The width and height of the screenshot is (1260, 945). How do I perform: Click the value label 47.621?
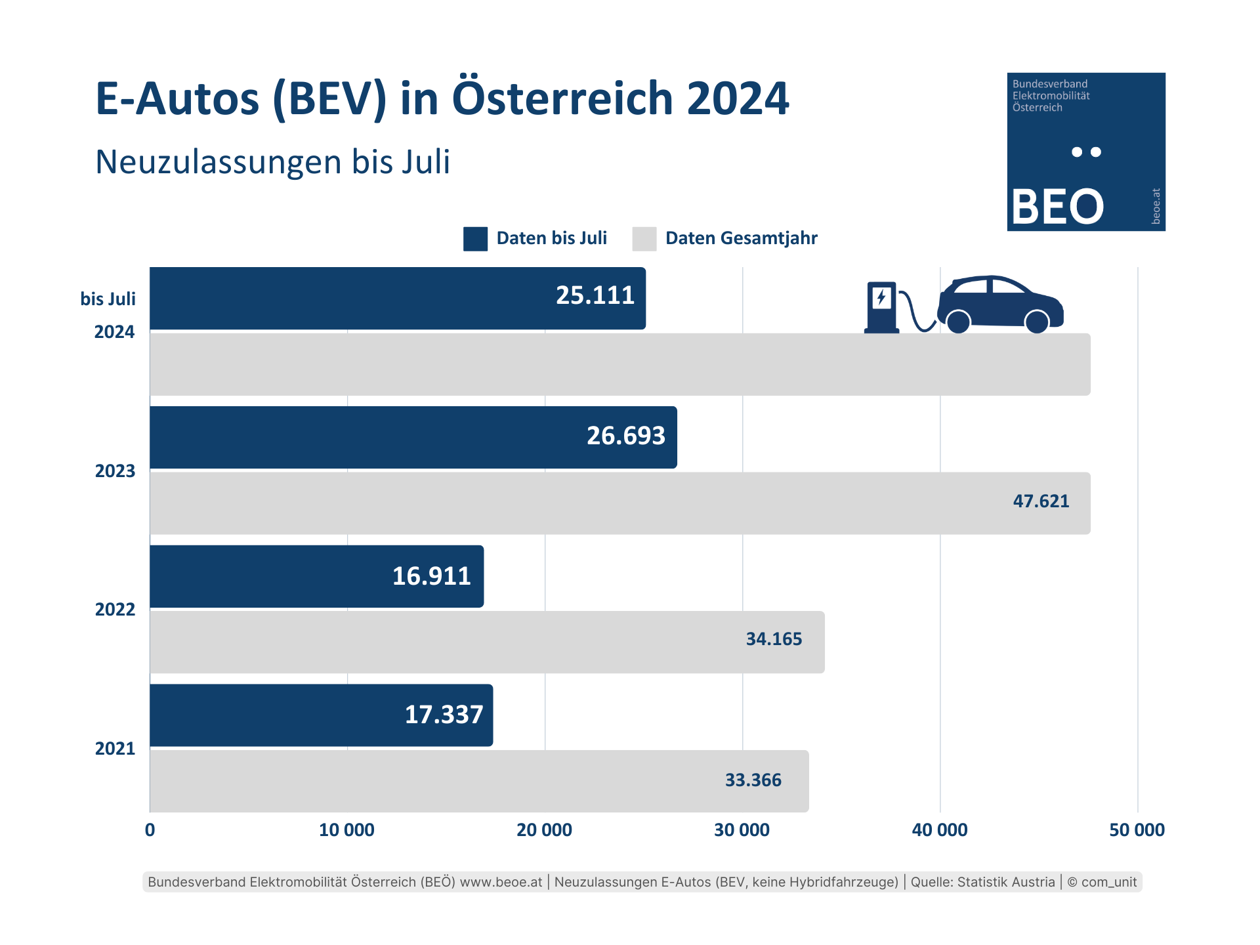1041,501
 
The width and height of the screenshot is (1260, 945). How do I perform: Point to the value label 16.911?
431,576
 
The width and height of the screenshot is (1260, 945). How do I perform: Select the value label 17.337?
444,715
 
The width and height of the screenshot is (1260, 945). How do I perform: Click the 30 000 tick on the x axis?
742,830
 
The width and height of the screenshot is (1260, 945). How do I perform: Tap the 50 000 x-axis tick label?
1137,830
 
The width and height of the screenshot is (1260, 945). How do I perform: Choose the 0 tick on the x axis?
150,830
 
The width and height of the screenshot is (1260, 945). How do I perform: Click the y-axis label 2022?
115,610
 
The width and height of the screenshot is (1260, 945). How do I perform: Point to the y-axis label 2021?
115,749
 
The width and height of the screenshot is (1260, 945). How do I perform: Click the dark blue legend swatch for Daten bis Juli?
475,239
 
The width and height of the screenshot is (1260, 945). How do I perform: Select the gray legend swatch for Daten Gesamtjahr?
644,239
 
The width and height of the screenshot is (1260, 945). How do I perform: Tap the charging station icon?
881,307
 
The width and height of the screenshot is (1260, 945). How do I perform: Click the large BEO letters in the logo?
1057,207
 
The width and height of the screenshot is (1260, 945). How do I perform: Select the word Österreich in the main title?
562,98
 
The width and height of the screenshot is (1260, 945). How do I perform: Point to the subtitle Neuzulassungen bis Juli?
272,162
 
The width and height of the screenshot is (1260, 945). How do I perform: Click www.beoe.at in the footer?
501,882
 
